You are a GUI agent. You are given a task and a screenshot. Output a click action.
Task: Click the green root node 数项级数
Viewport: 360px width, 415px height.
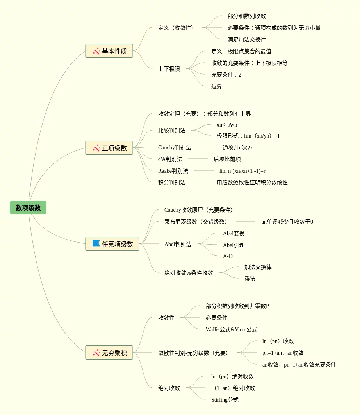pos(28,207)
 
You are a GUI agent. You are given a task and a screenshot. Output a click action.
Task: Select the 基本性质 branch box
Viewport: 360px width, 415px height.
pos(109,51)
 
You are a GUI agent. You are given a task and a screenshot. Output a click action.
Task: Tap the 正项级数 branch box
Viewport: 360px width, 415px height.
pos(109,148)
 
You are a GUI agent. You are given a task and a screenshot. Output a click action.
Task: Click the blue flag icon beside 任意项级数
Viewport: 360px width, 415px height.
pos(96,244)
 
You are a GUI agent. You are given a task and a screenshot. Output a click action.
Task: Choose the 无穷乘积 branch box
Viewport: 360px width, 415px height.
pos(109,352)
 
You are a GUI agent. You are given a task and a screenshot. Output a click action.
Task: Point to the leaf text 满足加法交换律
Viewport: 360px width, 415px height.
pos(247,39)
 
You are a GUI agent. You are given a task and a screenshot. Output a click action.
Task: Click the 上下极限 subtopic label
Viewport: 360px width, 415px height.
pos(169,69)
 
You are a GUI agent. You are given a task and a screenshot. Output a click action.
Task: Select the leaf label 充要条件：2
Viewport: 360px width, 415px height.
pos(226,75)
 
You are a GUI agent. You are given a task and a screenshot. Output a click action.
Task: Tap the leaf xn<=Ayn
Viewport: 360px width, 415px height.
pos(227,125)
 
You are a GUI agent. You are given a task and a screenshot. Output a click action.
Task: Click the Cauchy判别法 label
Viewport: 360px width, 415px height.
pos(175,147)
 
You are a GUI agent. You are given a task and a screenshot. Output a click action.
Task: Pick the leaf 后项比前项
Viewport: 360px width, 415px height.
pos(227,159)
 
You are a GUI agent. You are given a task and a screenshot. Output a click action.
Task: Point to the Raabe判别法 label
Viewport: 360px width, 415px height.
pos(173,171)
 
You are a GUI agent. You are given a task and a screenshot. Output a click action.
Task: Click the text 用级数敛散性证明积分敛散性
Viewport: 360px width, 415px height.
pos(252,182)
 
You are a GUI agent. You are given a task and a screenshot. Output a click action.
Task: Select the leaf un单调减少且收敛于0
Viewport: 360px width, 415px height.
pos(287,222)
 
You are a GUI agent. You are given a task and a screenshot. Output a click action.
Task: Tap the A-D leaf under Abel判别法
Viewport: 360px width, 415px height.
pos(228,256)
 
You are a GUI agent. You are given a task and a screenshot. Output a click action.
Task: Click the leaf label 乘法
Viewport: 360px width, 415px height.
pos(250,279)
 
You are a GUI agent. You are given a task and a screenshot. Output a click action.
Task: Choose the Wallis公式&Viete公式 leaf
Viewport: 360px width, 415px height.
pos(232,329)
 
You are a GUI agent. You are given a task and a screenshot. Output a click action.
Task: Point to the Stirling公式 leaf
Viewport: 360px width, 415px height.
pos(225,400)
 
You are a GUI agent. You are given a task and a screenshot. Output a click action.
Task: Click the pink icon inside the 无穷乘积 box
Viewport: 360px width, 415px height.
pos(96,352)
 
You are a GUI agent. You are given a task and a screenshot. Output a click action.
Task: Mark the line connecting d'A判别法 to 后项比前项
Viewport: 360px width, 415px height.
pos(198,159)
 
